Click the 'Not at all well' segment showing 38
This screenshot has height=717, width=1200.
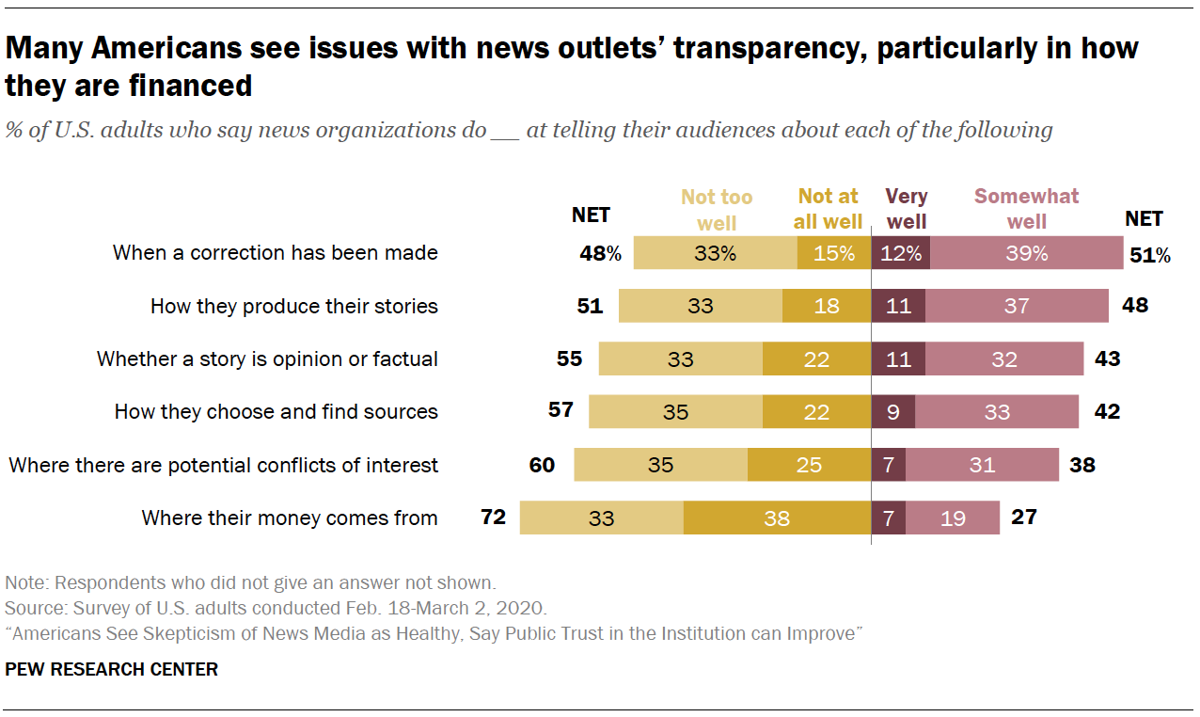(x=777, y=518)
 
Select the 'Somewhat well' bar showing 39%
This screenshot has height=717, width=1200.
(x=1026, y=253)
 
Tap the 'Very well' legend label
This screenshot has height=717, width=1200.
(x=907, y=209)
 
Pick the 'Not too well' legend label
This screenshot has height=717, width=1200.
(x=717, y=209)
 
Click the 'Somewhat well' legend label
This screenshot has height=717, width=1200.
(x=1026, y=209)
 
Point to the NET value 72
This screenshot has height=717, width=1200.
(x=493, y=517)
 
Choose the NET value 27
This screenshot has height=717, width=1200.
(x=1023, y=517)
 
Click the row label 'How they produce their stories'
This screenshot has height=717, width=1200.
(x=294, y=306)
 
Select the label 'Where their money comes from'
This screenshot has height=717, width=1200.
(x=290, y=518)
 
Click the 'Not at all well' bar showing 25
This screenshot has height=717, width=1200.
(x=809, y=465)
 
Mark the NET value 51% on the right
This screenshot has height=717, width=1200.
(x=1150, y=254)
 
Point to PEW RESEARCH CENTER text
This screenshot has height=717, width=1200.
(x=112, y=670)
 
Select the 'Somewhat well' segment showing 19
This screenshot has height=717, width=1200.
(x=953, y=518)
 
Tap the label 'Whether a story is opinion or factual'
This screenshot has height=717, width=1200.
(x=268, y=358)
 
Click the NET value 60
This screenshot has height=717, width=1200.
(x=542, y=464)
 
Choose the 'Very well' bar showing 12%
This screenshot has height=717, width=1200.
(x=900, y=253)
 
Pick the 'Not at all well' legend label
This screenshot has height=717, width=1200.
(x=829, y=209)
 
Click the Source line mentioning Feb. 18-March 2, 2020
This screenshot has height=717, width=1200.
(x=276, y=607)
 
